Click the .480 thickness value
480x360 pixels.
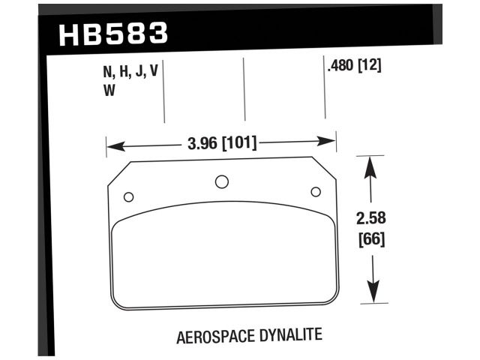pyautogui.click(x=340, y=66)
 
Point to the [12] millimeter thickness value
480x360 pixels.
pyautogui.click(x=370, y=66)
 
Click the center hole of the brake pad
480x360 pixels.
pyautogui.click(x=221, y=181)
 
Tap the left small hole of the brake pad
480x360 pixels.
pyautogui.click(x=128, y=196)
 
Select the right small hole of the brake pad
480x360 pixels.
pyautogui.click(x=315, y=191)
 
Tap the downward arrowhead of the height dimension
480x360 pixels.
pyautogui.click(x=373, y=295)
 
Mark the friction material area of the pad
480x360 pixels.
pyautogui.click(x=221, y=259)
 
